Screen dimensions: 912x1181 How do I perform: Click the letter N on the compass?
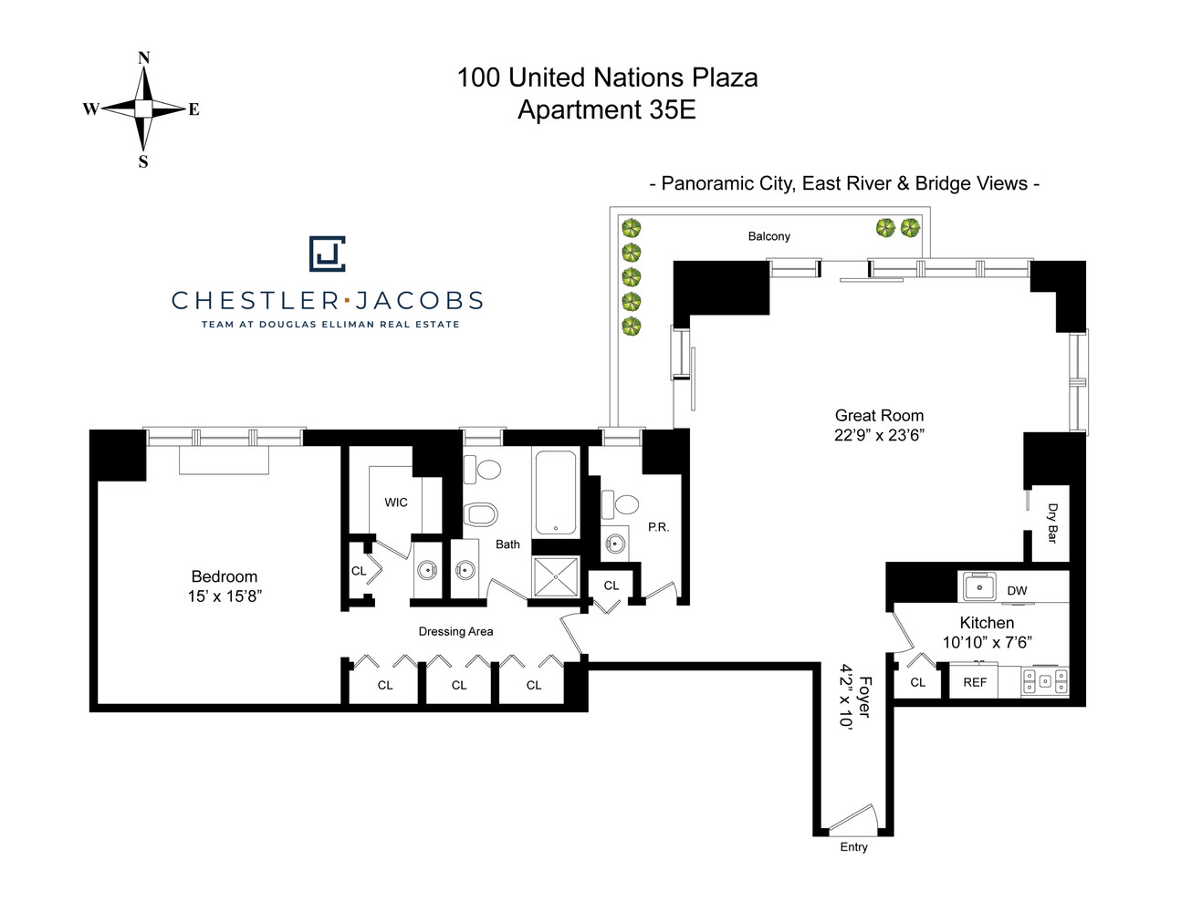[x=143, y=58]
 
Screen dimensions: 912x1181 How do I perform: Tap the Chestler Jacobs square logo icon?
[x=327, y=254]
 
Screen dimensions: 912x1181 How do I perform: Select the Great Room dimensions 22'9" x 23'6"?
[x=879, y=435]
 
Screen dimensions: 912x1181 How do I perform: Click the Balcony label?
[x=768, y=236]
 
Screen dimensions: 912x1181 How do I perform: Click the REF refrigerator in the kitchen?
[x=975, y=682]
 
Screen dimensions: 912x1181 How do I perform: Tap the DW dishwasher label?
[x=1017, y=591]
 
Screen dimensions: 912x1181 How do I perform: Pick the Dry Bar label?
[x=1052, y=523]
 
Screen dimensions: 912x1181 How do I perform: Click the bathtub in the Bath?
[x=555, y=492]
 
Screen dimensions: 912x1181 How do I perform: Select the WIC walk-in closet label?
[x=396, y=503]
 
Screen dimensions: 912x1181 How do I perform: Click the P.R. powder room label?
[x=658, y=527]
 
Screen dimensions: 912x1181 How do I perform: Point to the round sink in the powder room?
[x=616, y=544]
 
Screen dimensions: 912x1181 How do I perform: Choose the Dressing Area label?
[x=455, y=631]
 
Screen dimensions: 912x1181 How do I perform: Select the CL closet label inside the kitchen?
[x=917, y=682]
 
